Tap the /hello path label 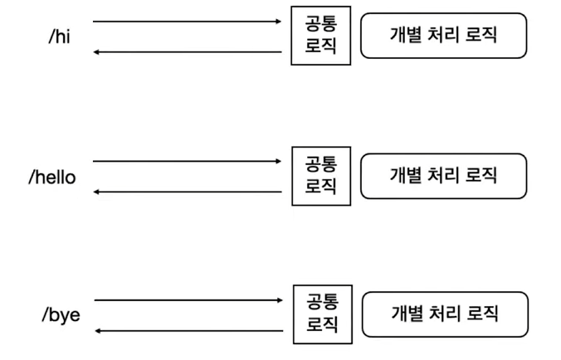pyautogui.click(x=52, y=177)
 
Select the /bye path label pyautogui.click(x=61, y=315)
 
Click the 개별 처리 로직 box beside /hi pyautogui.click(x=444, y=35)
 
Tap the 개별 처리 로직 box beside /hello pyautogui.click(x=444, y=175)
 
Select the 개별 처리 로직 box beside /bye pyautogui.click(x=445, y=314)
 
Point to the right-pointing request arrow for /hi pyautogui.click(x=188, y=21)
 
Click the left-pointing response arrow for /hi pyautogui.click(x=188, y=52)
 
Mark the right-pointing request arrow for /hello pyautogui.click(x=188, y=161)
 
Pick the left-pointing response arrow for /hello pyautogui.click(x=188, y=192)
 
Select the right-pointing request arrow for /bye pyautogui.click(x=188, y=300)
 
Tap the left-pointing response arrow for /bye pyautogui.click(x=188, y=331)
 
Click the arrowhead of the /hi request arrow pyautogui.click(x=279, y=21)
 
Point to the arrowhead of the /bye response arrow pyautogui.click(x=97, y=331)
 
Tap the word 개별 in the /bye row pyautogui.click(x=405, y=314)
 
